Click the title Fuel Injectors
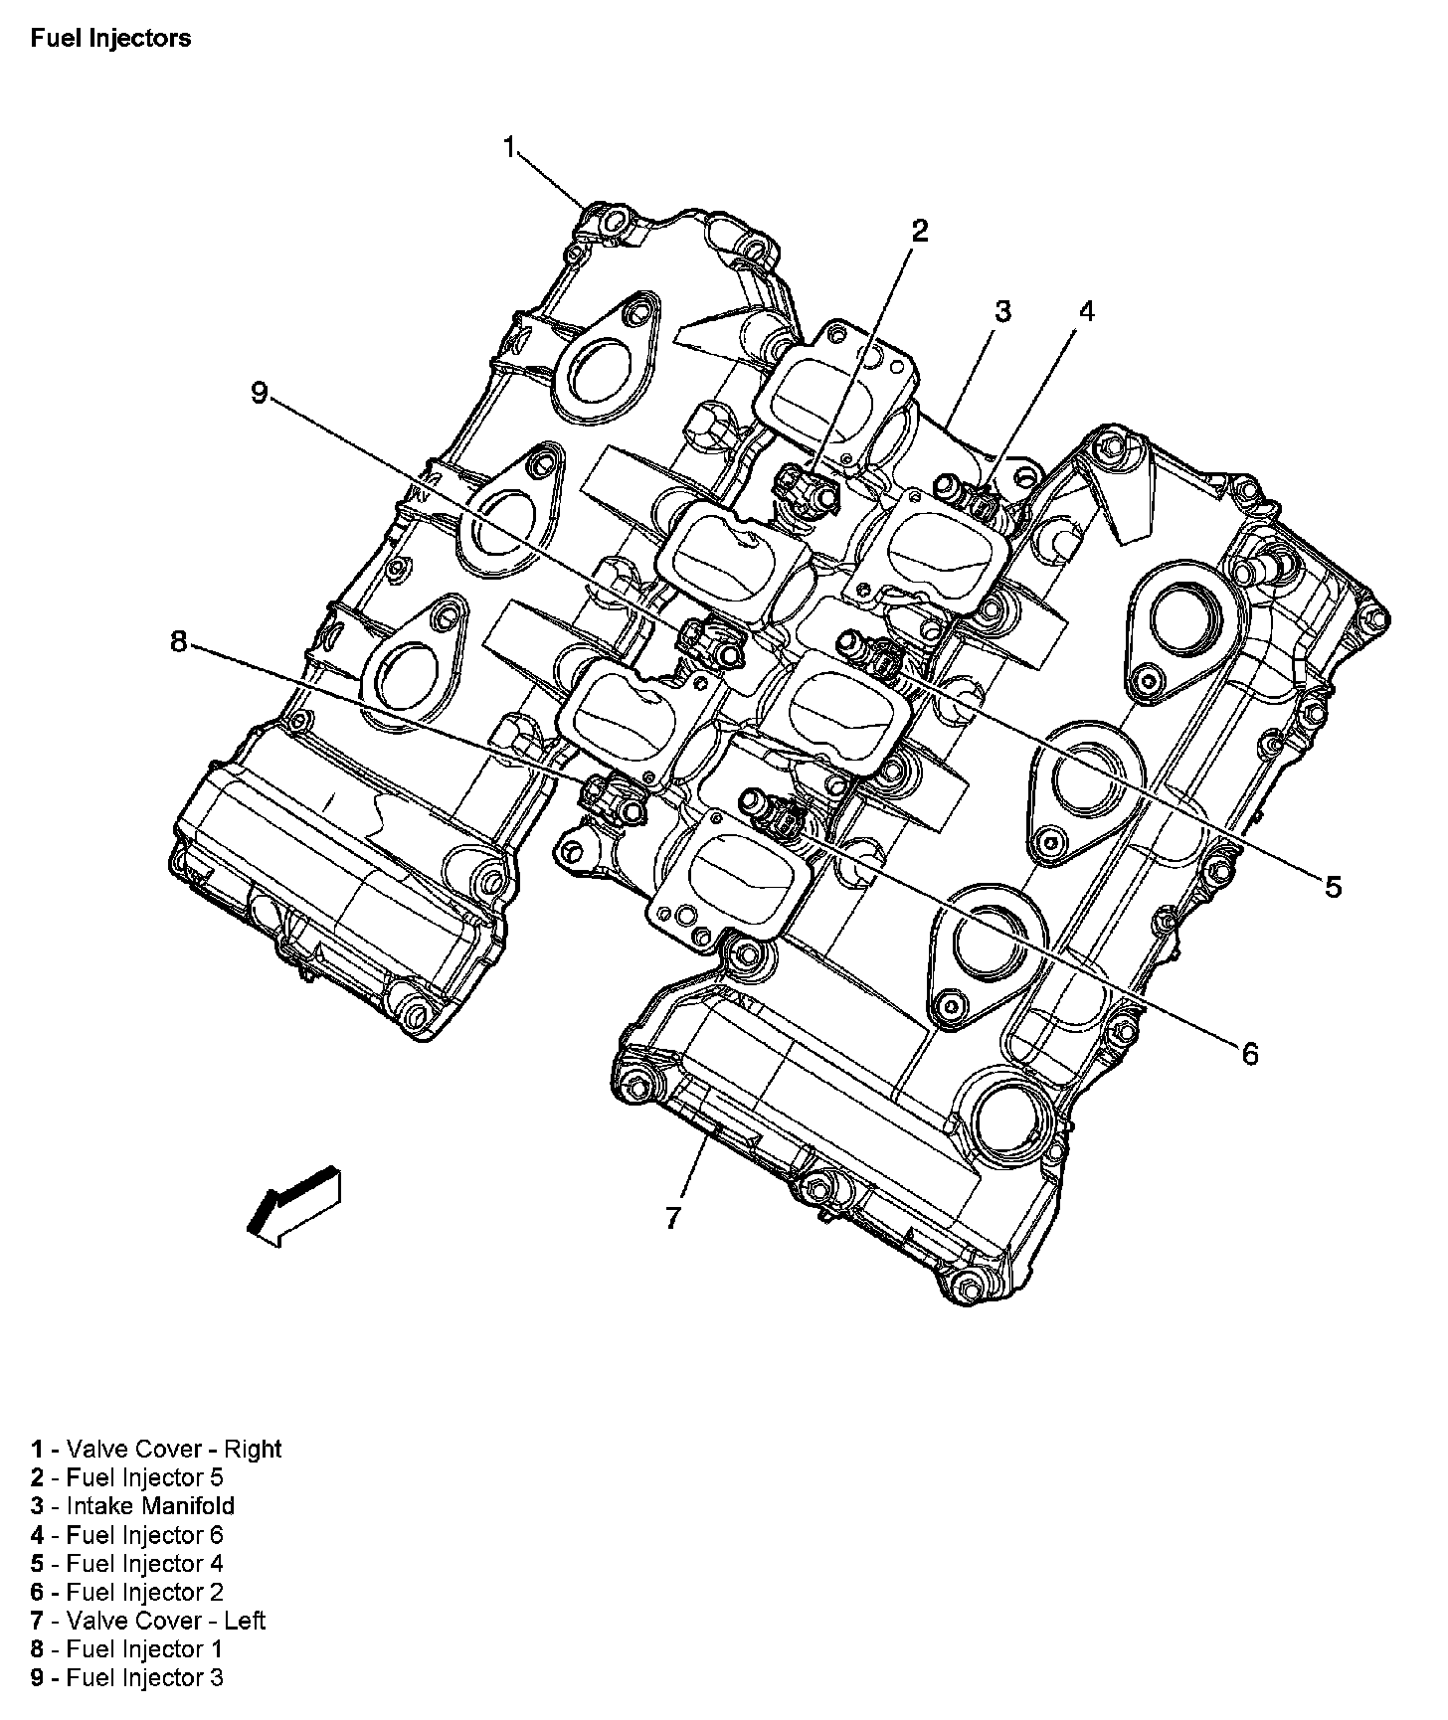pyautogui.click(x=110, y=39)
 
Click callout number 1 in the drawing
pyautogui.click(x=509, y=148)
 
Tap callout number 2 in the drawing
pyautogui.click(x=919, y=232)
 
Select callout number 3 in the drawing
pyautogui.click(x=1001, y=311)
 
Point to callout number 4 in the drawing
pyautogui.click(x=1086, y=311)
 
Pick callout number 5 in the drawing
pyautogui.click(x=1332, y=886)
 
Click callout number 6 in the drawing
pyautogui.click(x=1249, y=1053)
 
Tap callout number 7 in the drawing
pyautogui.click(x=673, y=1217)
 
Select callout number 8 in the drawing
pyautogui.click(x=178, y=642)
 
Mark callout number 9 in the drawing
pyautogui.click(x=259, y=394)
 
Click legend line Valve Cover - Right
pyautogui.click(x=156, y=1449)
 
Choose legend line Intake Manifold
pyautogui.click(x=132, y=1506)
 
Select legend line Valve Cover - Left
pyautogui.click(x=147, y=1621)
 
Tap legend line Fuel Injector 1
pyautogui.click(x=126, y=1649)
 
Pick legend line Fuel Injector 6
pyautogui.click(x=126, y=1535)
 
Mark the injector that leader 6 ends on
pyautogui.click(x=779, y=812)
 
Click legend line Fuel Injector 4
pyautogui.click(x=126, y=1564)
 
